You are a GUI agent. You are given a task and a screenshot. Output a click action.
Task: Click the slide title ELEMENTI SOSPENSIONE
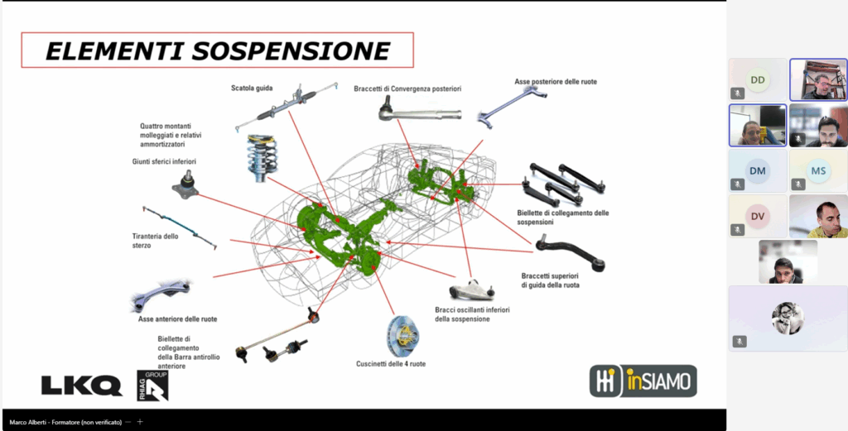[x=216, y=51]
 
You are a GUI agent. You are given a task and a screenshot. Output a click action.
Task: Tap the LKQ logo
[x=81, y=385]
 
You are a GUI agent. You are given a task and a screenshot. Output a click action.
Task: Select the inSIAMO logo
[x=643, y=381]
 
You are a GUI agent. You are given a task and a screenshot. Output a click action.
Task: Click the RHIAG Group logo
[x=153, y=385]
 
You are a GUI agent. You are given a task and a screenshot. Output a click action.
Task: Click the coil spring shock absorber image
[x=261, y=155]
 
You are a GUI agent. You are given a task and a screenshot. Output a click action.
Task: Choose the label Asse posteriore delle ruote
[x=555, y=82]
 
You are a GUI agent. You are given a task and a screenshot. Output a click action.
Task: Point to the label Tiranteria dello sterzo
[x=155, y=241]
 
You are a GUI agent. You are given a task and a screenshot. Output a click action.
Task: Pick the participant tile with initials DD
[x=758, y=79]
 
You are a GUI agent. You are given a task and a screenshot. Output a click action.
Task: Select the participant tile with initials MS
[x=818, y=171]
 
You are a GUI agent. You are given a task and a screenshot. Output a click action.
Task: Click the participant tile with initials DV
[x=758, y=217]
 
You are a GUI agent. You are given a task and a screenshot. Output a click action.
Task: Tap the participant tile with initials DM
[x=758, y=171]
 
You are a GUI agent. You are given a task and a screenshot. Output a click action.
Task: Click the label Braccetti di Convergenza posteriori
[x=407, y=89]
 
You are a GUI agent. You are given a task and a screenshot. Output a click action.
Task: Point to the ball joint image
[x=185, y=184]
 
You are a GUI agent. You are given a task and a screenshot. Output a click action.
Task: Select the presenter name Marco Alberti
[x=62, y=422]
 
